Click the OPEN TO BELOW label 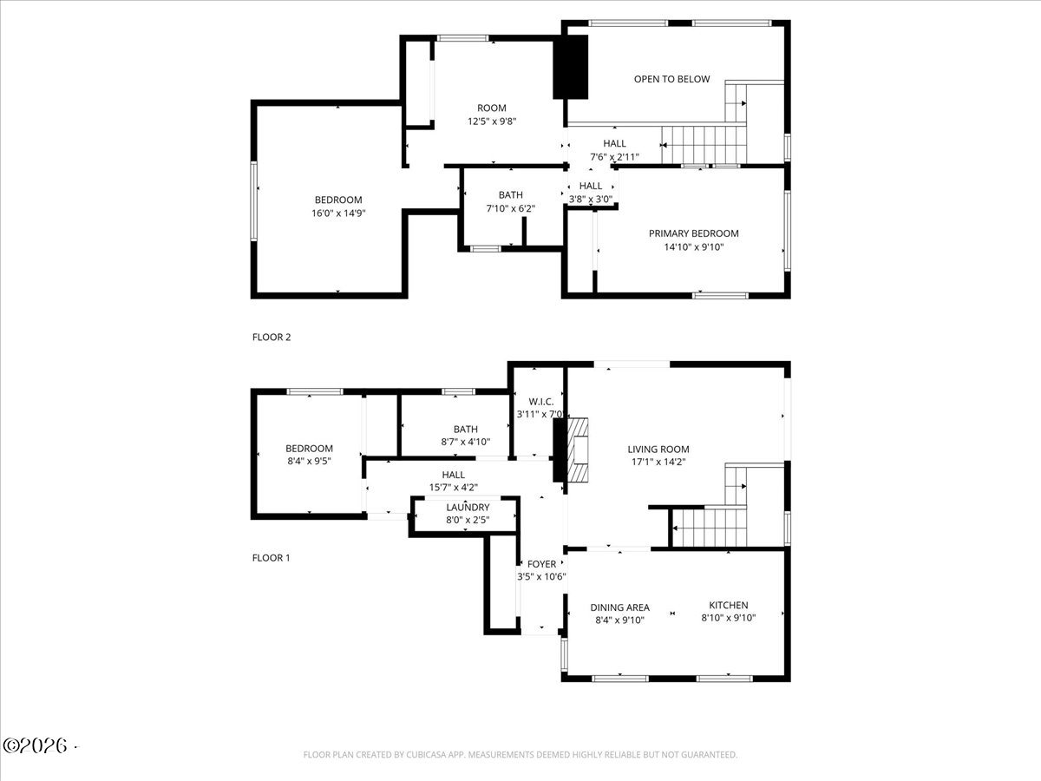671,79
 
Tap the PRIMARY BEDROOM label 693,233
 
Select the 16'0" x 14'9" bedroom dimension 338,213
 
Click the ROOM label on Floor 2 491,108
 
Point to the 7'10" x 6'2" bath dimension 510,208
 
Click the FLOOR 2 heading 272,338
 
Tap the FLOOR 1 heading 271,558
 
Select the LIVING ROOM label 658,449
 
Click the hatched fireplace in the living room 578,450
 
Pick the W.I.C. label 540,402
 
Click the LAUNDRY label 468,508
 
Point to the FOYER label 541,564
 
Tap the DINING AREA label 620,607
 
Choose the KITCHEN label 729,605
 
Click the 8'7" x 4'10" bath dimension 465,442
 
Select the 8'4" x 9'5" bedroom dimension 309,461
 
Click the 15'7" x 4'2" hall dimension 454,487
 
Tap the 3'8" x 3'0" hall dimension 591,199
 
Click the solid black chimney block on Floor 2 571,67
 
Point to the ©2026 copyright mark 36,746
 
